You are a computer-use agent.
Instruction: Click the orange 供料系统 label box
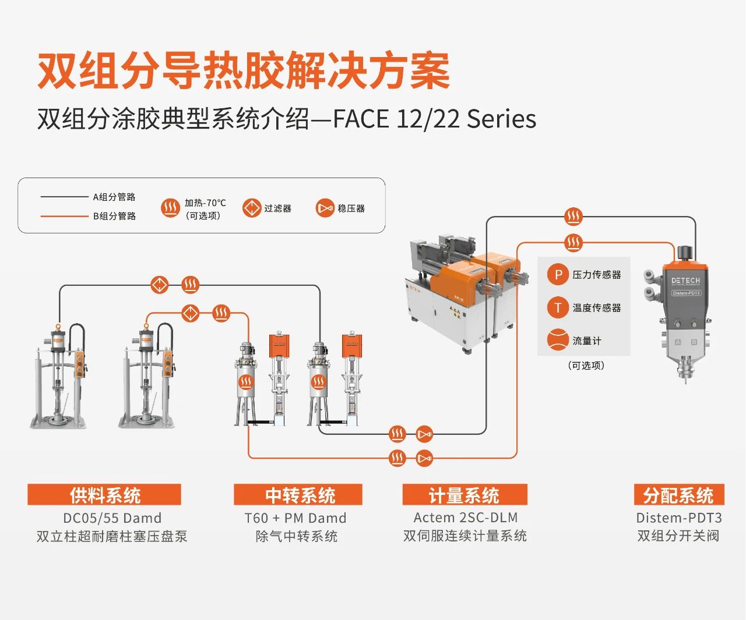(104, 495)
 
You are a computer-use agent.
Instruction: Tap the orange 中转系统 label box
(298, 495)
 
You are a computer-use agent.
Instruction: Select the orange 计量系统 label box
(465, 495)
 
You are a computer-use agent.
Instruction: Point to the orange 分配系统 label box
(679, 495)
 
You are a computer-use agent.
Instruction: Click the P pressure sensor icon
(558, 274)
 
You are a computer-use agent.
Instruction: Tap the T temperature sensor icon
(558, 307)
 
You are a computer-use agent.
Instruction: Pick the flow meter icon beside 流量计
(558, 340)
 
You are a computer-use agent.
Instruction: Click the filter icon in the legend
(252, 208)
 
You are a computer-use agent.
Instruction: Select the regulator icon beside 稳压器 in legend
(325, 208)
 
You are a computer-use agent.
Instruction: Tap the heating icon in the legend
(170, 208)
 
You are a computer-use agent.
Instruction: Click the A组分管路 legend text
(114, 197)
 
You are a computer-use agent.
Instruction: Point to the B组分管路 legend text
(114, 216)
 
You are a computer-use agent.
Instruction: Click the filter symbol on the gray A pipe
(160, 285)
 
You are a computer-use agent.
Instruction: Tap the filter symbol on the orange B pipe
(191, 313)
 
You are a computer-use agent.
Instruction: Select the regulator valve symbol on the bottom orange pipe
(425, 458)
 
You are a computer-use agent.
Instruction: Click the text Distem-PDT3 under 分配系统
(679, 518)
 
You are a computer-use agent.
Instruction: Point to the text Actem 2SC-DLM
(465, 518)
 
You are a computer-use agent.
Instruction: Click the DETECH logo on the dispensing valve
(685, 281)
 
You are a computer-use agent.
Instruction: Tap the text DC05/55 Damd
(112, 518)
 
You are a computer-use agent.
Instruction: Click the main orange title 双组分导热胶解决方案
(244, 71)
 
